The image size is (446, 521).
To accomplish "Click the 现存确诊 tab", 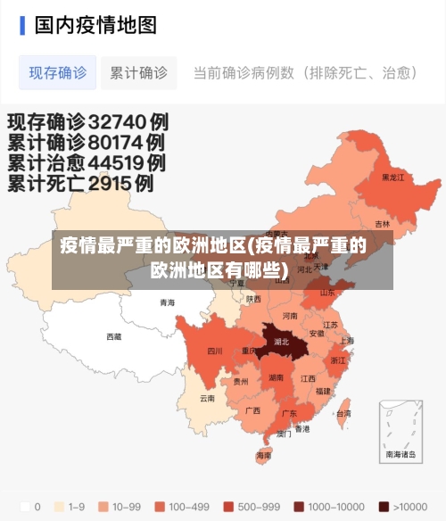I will pos(58,73).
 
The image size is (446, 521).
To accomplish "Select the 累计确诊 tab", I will pos(138,73).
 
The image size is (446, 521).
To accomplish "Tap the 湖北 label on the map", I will pos(282,341).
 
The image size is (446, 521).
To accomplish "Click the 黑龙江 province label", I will pos(392,178).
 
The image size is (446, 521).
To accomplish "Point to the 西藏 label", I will pos(114,336).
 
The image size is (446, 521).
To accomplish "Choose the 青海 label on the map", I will pos(168,302).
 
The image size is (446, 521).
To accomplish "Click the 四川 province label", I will pos(215,351).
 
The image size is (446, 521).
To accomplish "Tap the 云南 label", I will pos(207,398).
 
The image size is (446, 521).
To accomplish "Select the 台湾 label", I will pos(343,414).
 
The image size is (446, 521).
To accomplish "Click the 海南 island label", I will pos(264,455).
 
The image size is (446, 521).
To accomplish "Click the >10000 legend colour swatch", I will pos(384,506).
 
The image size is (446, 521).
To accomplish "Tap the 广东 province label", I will pos(289,414).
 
